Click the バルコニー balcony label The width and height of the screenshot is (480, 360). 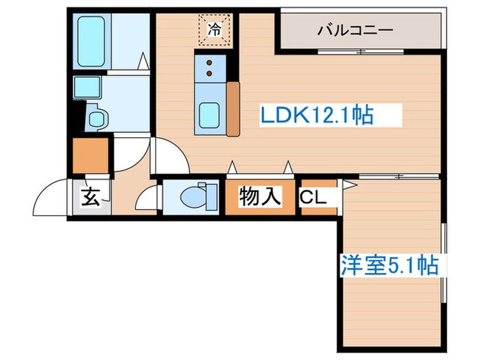tap(355, 30)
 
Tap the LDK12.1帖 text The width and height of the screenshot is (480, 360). tap(317, 115)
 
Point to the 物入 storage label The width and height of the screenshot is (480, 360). tap(260, 196)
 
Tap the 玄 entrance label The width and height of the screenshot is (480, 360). tap(90, 197)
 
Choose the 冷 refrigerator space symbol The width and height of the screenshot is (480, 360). tap(215, 29)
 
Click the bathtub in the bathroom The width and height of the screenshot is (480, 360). tap(91, 41)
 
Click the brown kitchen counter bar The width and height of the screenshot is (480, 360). tap(233, 108)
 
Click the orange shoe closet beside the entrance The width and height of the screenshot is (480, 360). tap(91, 156)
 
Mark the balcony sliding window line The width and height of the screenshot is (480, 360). tap(357, 51)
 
